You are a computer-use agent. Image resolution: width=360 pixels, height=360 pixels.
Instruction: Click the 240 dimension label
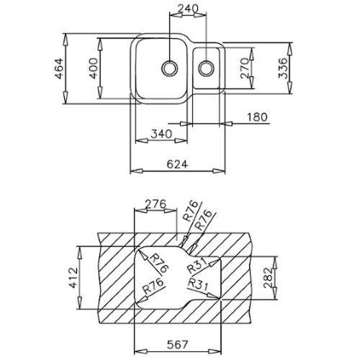pyautogui.click(x=188, y=9)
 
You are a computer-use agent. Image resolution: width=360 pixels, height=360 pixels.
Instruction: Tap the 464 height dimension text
pyautogui.click(x=59, y=68)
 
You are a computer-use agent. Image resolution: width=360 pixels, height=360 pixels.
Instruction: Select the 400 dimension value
pyautogui.click(x=94, y=68)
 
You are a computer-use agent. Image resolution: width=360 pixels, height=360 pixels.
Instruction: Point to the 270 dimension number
pyautogui.click(x=245, y=68)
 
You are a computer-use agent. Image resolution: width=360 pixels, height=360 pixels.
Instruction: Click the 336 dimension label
pyautogui.click(x=283, y=68)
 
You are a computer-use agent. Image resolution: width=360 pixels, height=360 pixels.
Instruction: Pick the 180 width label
pyautogui.click(x=257, y=117)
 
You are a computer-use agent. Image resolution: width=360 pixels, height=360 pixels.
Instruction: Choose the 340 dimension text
pyautogui.click(x=161, y=134)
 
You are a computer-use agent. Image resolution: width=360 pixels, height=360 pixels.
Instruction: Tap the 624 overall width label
pyautogui.click(x=177, y=164)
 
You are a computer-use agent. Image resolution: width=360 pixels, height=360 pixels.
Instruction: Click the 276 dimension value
pyautogui.click(x=156, y=204)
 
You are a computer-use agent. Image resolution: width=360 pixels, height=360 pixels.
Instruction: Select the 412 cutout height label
pyautogui.click(x=73, y=277)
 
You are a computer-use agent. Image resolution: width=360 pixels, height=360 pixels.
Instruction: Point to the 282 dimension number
pyautogui.click(x=268, y=278)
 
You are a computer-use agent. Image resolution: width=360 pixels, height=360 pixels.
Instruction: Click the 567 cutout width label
pyautogui.click(x=177, y=345)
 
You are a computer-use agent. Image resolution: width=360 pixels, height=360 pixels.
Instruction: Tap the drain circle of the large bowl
pyautogui.click(x=170, y=68)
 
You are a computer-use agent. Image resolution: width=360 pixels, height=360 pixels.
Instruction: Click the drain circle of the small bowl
pyautogui.click(x=206, y=68)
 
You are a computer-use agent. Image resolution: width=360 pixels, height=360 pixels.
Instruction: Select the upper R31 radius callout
pyautogui.click(x=197, y=266)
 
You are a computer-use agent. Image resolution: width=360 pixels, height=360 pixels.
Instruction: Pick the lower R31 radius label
pyautogui.click(x=198, y=284)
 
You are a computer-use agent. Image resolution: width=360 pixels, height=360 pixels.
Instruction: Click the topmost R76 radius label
pyautogui.click(x=191, y=211)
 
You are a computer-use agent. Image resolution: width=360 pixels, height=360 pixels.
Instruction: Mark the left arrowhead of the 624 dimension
pyautogui.click(x=136, y=171)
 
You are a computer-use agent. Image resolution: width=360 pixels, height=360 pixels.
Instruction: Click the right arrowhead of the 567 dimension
pyautogui.click(x=215, y=351)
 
